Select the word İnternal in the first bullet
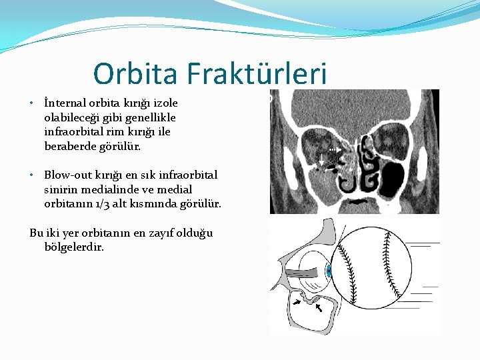click(x=65, y=103)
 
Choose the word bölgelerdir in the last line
click(x=73, y=247)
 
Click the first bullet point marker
click(x=32, y=104)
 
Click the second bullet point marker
click(x=32, y=175)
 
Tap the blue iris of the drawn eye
click(x=329, y=271)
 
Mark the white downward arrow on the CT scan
click(x=321, y=159)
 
